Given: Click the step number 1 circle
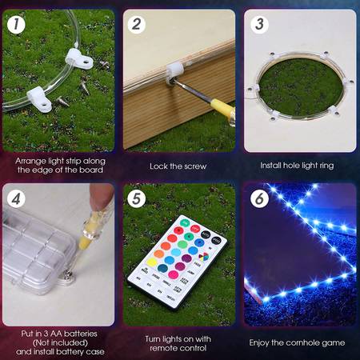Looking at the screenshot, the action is [x=16, y=25].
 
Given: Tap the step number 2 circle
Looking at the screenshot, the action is [x=137, y=25].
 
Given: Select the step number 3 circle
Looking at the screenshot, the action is [x=259, y=25].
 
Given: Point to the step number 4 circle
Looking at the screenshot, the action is [x=16, y=198].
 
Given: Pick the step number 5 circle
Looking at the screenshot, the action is [x=137, y=198].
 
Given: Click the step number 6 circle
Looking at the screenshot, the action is [x=259, y=198].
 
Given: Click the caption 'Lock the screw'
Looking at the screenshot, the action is [x=178, y=166].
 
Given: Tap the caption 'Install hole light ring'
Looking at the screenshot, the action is [x=297, y=166].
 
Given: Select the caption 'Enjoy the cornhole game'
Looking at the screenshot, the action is [x=297, y=342].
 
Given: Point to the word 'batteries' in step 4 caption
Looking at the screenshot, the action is [x=81, y=334].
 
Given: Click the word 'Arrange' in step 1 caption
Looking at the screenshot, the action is [x=30, y=162].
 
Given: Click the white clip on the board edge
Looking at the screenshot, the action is [x=174, y=71].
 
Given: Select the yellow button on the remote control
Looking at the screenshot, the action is [x=152, y=262].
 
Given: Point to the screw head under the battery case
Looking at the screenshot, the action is [x=68, y=274].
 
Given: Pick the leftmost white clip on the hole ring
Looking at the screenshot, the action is [x=253, y=89].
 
